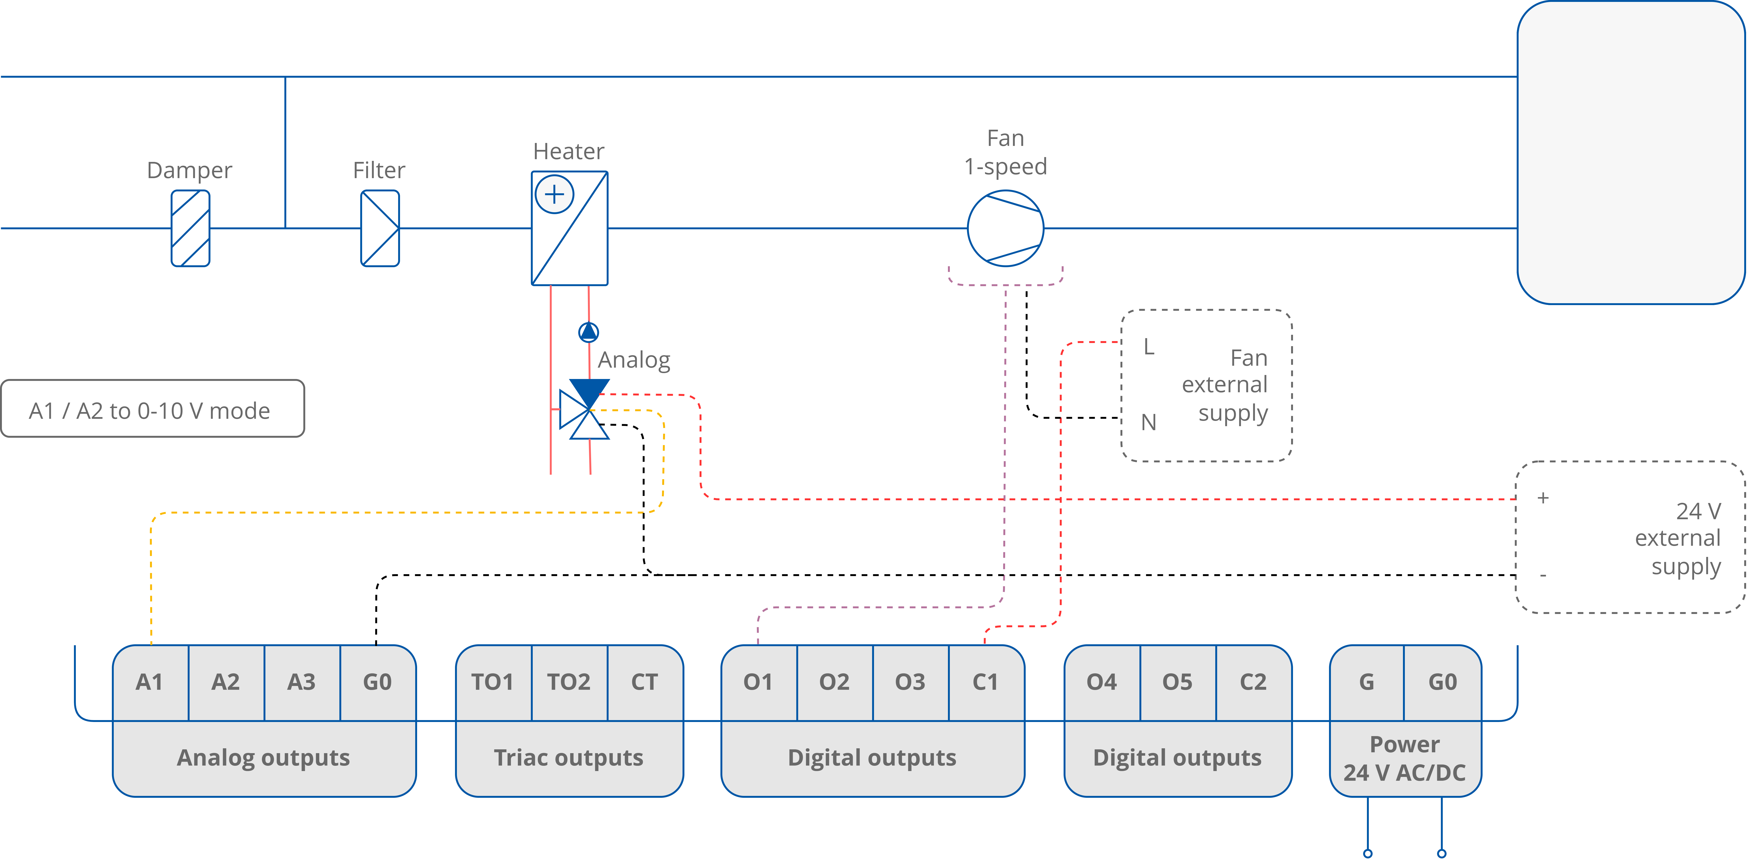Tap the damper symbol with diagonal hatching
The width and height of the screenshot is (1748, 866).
pyautogui.click(x=190, y=228)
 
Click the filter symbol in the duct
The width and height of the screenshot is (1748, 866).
pyautogui.click(x=379, y=228)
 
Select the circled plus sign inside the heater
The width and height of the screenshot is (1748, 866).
pyautogui.click(x=554, y=195)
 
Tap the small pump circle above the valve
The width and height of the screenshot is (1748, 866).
pyautogui.click(x=588, y=332)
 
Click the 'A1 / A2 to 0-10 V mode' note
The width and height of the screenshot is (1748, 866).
pyautogui.click(x=152, y=410)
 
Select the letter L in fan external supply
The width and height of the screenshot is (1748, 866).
pyautogui.click(x=1148, y=347)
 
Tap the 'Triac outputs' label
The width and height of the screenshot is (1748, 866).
pyautogui.click(x=569, y=758)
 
